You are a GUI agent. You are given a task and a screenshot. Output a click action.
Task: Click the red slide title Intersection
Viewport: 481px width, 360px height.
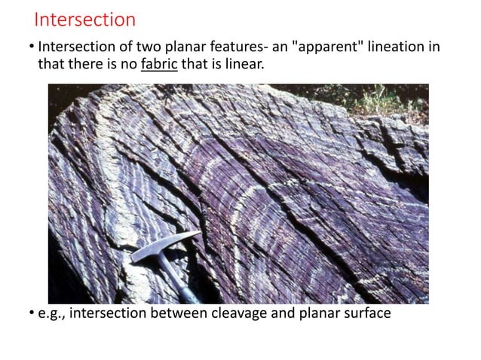click(85, 19)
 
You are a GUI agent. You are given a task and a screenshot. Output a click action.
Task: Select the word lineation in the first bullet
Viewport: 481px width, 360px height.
click(398, 47)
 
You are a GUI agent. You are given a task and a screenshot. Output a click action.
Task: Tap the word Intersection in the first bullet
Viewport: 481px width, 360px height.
click(75, 47)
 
